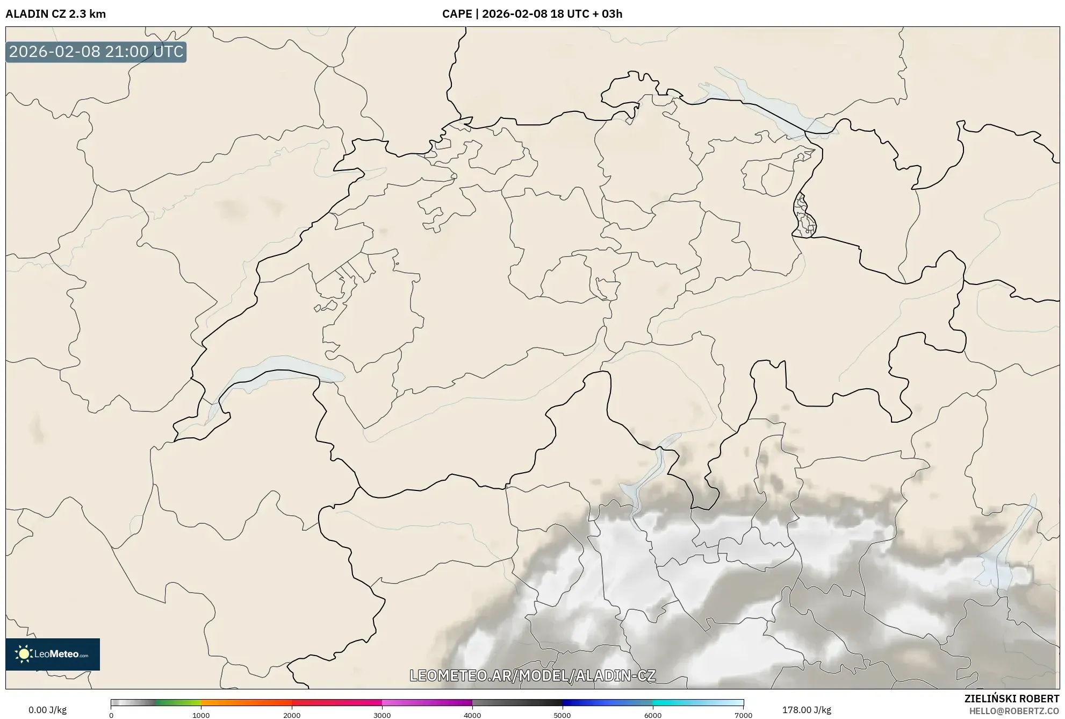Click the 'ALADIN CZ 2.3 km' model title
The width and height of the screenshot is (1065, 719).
pyautogui.click(x=55, y=14)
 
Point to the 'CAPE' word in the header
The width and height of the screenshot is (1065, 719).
pyautogui.click(x=457, y=14)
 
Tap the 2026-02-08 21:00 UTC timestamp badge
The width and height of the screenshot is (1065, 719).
pyautogui.click(x=96, y=52)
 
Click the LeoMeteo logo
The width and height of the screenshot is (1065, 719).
pyautogui.click(x=53, y=654)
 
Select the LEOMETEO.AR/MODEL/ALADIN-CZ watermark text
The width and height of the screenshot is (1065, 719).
pyautogui.click(x=532, y=675)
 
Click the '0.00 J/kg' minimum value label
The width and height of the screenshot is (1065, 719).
pyautogui.click(x=47, y=710)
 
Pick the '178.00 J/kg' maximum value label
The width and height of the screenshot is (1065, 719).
pyautogui.click(x=807, y=710)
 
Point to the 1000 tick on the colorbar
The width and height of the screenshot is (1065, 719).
pyautogui.click(x=201, y=715)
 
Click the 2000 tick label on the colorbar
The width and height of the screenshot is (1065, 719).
pyautogui.click(x=292, y=715)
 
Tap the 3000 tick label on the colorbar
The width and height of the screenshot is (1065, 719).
pyautogui.click(x=382, y=715)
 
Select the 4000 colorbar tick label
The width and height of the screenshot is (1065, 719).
pyautogui.click(x=472, y=715)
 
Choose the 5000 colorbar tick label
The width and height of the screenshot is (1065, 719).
pyautogui.click(x=563, y=715)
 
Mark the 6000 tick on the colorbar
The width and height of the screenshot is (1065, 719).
pyautogui.click(x=653, y=715)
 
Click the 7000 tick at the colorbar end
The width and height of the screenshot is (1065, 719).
pyautogui.click(x=743, y=715)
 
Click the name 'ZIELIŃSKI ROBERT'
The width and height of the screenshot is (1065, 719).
pyautogui.click(x=1012, y=699)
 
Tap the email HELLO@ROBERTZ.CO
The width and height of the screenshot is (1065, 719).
pyautogui.click(x=1014, y=711)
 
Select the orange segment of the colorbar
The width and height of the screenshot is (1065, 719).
pyautogui.click(x=236, y=702)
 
